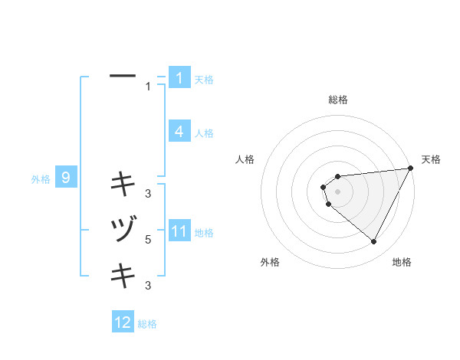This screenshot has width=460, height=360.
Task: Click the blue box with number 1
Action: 179,78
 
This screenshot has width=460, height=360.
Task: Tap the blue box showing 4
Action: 179,132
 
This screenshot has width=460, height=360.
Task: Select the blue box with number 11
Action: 179,231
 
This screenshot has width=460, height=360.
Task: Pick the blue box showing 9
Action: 66,178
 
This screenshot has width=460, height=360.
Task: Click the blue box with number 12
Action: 123,322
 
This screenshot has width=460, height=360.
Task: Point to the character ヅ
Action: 123,229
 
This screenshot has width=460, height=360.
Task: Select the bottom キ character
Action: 123,275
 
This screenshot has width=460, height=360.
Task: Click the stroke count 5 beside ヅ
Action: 148,240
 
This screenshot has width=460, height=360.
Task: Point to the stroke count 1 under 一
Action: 148,87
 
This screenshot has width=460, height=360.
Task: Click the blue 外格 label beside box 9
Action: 41,179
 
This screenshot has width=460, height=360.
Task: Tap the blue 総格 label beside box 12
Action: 147,324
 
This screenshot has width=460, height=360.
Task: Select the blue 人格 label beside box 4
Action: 204,133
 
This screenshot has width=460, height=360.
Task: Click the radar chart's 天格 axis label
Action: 431,159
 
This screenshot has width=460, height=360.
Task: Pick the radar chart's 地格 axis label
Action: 402,262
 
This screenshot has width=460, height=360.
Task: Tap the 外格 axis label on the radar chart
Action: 270,262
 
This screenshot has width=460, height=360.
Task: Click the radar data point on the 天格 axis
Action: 411,169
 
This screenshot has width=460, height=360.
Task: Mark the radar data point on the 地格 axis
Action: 373,242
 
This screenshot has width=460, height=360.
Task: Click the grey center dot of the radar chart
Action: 337,191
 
